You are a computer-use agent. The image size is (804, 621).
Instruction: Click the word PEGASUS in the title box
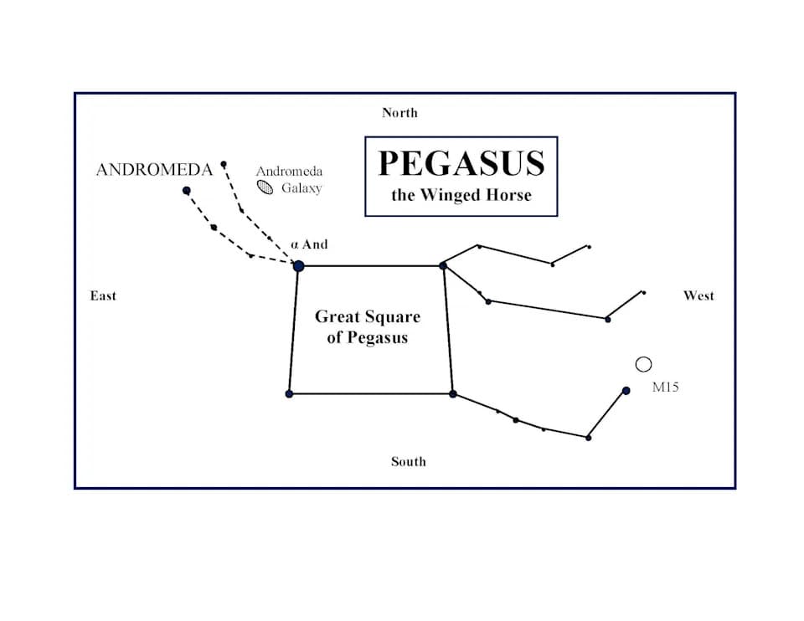click(x=461, y=164)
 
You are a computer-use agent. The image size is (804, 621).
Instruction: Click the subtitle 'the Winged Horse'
click(x=461, y=196)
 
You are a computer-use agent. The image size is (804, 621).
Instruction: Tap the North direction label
click(x=399, y=113)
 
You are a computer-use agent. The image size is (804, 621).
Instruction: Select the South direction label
click(x=408, y=461)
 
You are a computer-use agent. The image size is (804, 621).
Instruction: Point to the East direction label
click(x=103, y=295)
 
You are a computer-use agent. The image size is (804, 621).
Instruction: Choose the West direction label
click(x=698, y=295)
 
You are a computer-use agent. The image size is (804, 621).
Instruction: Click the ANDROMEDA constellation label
click(x=154, y=170)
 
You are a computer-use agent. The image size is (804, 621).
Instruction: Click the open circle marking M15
click(x=643, y=364)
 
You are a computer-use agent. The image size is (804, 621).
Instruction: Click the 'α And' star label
click(x=309, y=244)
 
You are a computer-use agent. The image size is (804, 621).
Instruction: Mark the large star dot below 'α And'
click(x=298, y=265)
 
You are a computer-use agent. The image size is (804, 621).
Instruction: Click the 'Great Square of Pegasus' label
click(x=367, y=327)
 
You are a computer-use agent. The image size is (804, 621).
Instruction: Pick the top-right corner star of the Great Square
click(x=443, y=265)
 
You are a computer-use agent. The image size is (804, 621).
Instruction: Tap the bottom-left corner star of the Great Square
click(x=289, y=393)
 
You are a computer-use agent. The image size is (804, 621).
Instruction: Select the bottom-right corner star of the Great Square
click(x=452, y=393)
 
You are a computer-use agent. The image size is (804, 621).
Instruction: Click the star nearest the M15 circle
click(x=626, y=390)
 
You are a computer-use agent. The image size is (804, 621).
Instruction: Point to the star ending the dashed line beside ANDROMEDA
click(x=187, y=191)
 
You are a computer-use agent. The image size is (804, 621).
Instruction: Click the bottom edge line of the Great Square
click(x=370, y=393)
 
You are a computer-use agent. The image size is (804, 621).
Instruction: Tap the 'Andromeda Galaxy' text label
click(x=290, y=179)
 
